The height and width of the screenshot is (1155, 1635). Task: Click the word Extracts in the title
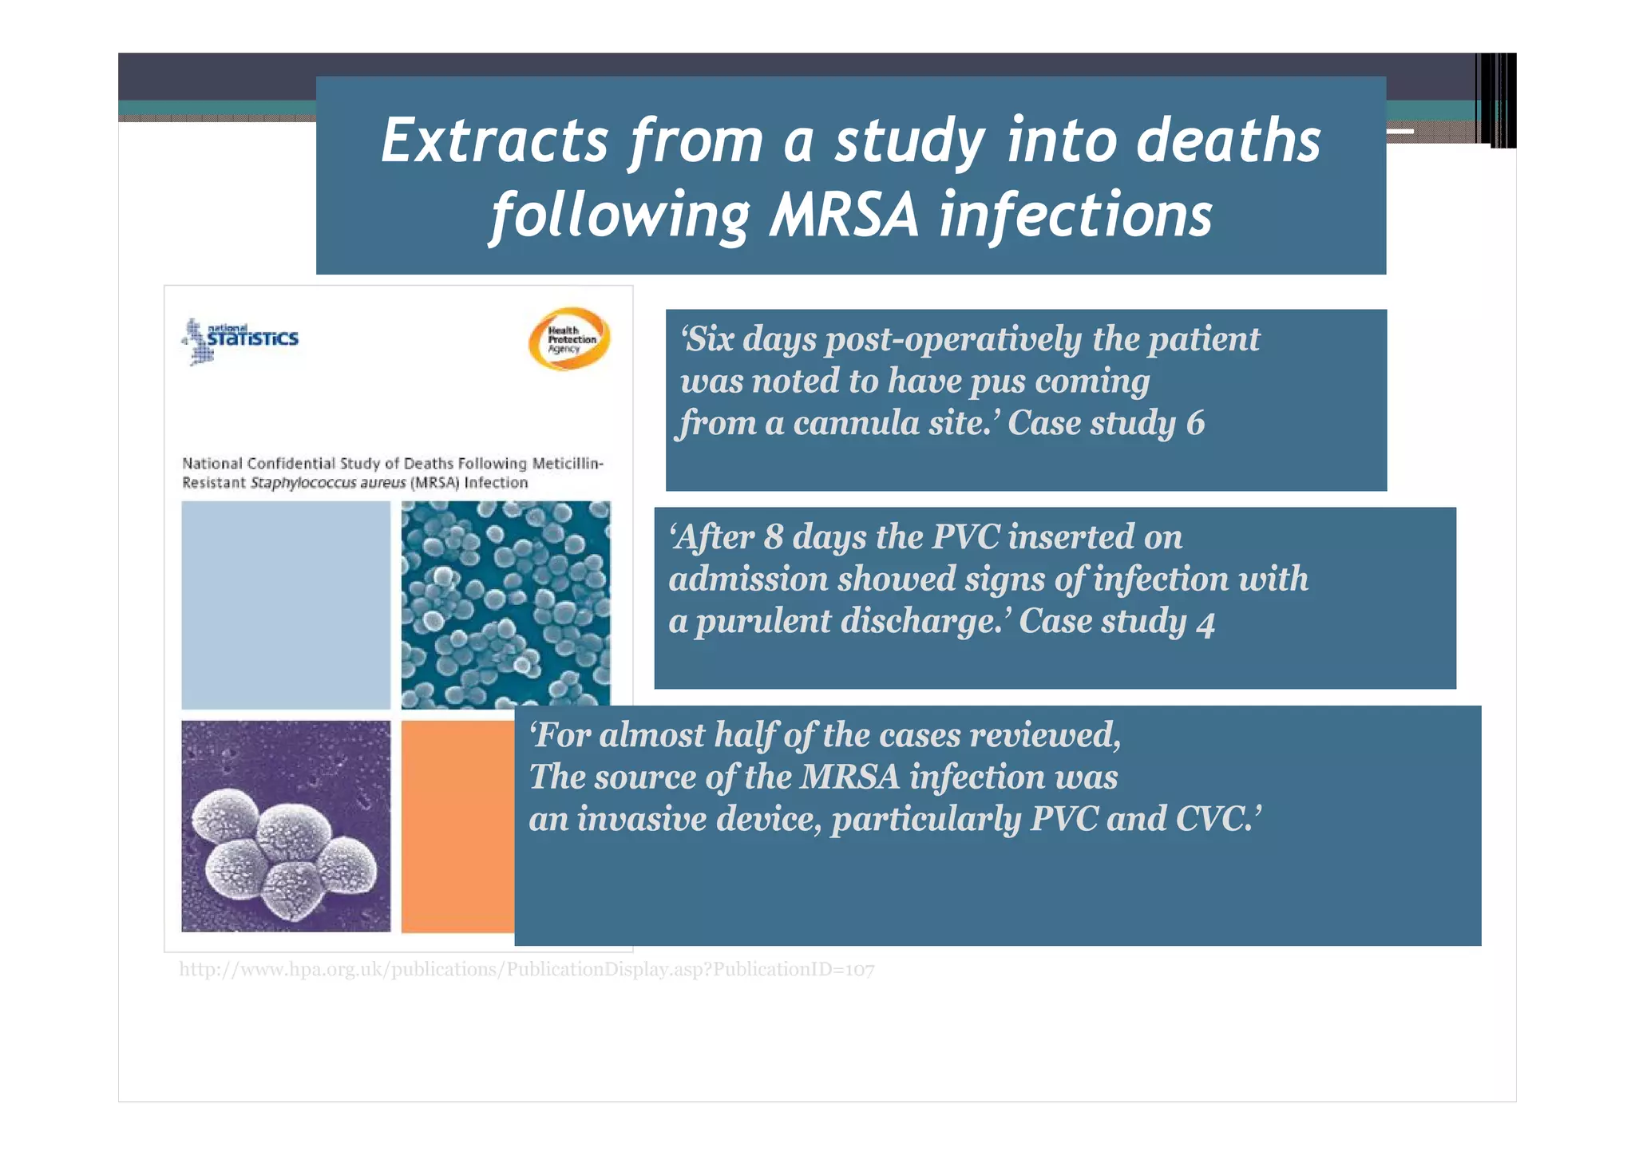[x=494, y=141]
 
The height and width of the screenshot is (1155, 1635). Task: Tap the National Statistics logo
[x=240, y=340]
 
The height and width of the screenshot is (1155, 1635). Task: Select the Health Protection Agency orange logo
[x=570, y=339]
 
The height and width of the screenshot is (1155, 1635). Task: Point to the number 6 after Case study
[x=1194, y=423]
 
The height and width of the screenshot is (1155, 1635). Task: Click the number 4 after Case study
[x=1205, y=623]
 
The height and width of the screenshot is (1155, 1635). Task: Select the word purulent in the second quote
[x=762, y=621]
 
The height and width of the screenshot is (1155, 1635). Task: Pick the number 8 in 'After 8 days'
[x=773, y=537]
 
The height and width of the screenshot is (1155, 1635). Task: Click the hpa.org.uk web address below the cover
[x=526, y=970]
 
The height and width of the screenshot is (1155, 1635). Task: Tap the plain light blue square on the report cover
[x=286, y=605]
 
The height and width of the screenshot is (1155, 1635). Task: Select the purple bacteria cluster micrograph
[x=286, y=826]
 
